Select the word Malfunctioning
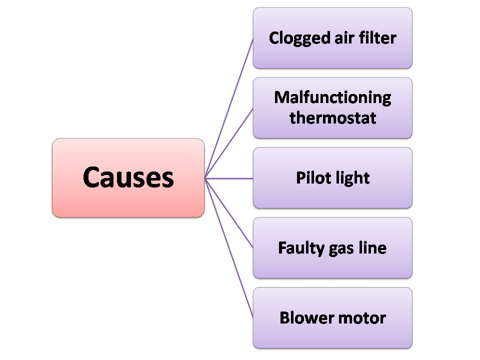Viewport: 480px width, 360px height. click(x=332, y=97)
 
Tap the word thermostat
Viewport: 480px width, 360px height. click(x=332, y=118)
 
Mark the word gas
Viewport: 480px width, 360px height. click(x=339, y=249)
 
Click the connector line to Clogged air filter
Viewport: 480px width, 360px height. click(x=229, y=108)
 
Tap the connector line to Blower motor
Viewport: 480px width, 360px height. click(x=229, y=247)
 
